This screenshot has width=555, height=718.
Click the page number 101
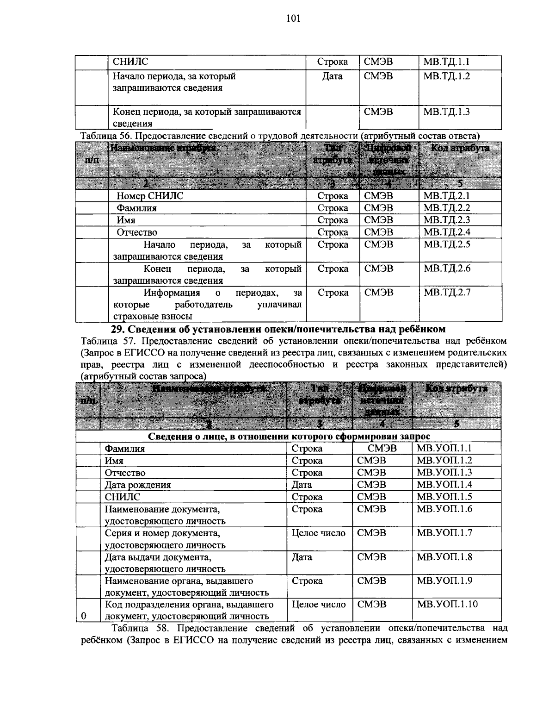pyautogui.click(x=293, y=18)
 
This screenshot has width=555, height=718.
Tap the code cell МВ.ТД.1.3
pyautogui.click(x=446, y=112)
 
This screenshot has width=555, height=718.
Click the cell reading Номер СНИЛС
pyautogui.click(x=149, y=196)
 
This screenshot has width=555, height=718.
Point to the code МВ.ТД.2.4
pyautogui.click(x=447, y=232)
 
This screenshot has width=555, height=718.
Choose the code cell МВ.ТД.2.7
pyautogui.click(x=447, y=293)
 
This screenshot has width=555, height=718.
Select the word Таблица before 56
pyautogui.click(x=99, y=136)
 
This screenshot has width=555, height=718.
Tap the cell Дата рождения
pyautogui.click(x=138, y=485)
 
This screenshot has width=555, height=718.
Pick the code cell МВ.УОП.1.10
pyautogui.click(x=447, y=605)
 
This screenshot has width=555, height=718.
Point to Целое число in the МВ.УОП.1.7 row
pyautogui.click(x=318, y=533)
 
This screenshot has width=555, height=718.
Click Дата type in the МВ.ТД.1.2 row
pyautogui.click(x=332, y=76)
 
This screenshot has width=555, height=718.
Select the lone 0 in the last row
pyautogui.click(x=83, y=616)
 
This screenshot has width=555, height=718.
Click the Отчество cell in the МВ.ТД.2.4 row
pyautogui.click(x=136, y=232)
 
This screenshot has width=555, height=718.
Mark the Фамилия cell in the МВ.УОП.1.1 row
pyautogui.click(x=124, y=449)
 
